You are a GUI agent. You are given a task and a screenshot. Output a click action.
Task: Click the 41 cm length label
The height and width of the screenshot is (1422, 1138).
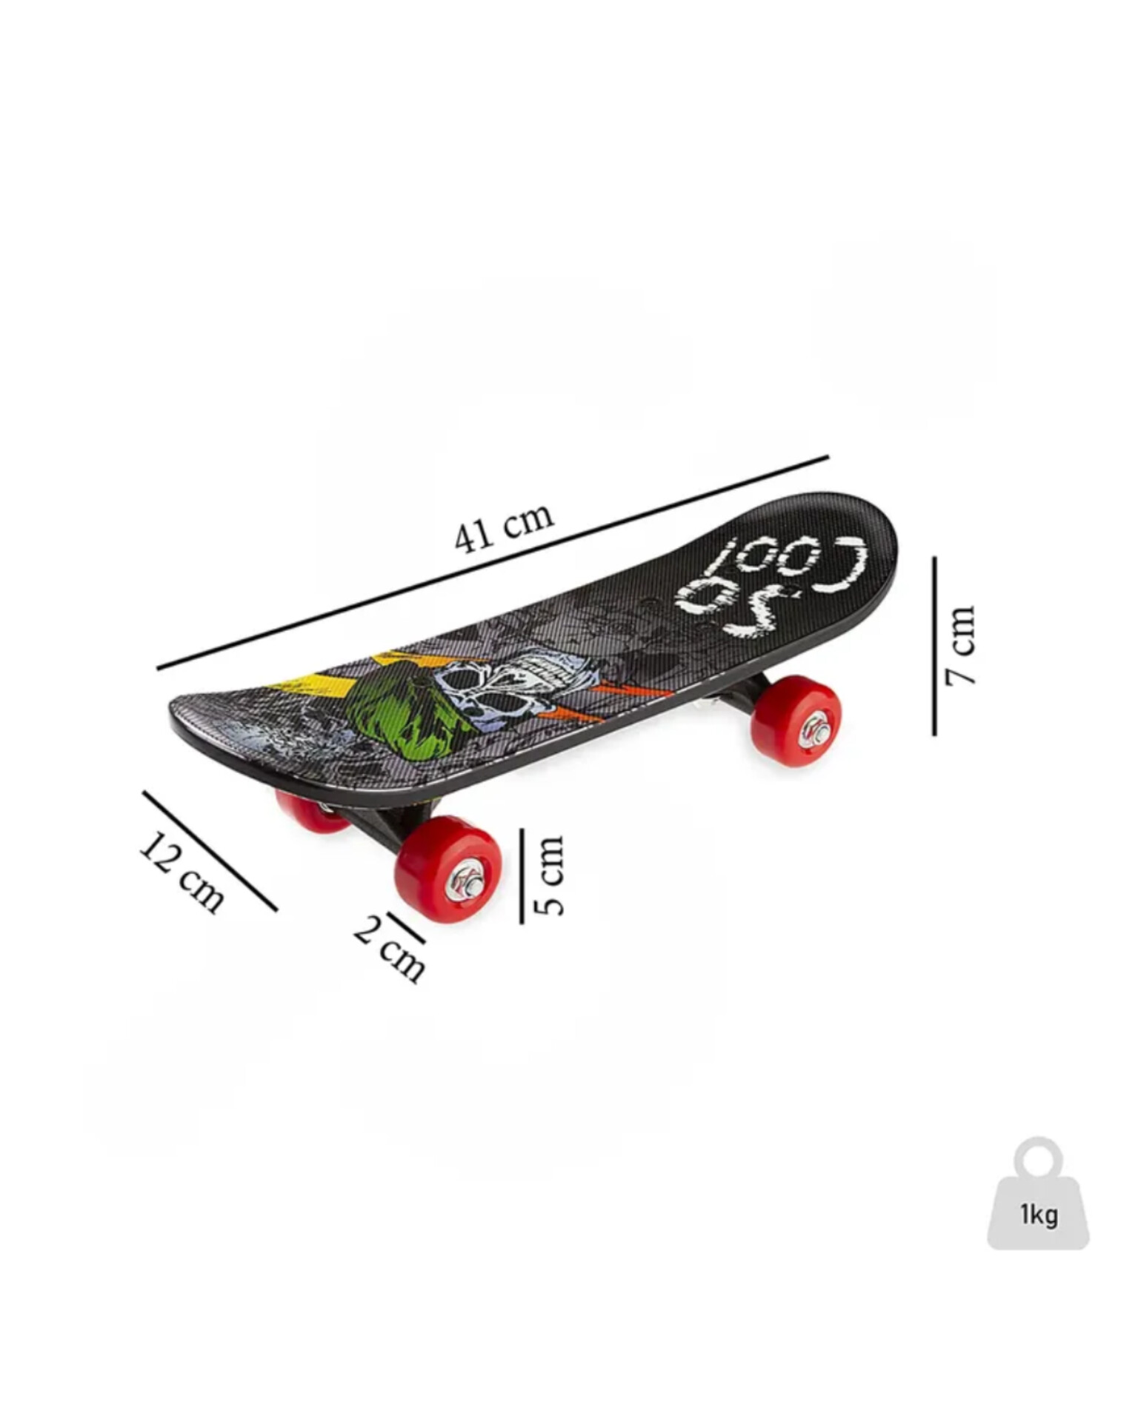click(x=505, y=527)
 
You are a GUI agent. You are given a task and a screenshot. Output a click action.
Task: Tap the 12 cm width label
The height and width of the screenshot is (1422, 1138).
click(x=182, y=872)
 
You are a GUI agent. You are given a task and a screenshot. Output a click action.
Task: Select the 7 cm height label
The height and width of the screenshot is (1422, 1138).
click(x=960, y=645)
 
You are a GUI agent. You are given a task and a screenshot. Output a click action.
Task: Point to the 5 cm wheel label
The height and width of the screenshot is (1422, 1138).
click(x=549, y=875)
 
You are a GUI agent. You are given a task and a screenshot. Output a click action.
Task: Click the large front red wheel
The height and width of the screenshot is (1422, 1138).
click(x=448, y=869)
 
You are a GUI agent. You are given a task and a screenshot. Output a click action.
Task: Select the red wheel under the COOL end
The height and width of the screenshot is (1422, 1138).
click(x=796, y=721)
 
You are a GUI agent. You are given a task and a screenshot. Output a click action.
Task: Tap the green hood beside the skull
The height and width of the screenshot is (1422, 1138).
click(x=404, y=707)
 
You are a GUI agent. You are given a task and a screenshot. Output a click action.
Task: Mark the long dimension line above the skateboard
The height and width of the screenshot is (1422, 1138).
click(x=493, y=562)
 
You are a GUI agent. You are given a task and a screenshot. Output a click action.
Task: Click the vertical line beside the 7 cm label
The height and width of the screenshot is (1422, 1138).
click(x=934, y=646)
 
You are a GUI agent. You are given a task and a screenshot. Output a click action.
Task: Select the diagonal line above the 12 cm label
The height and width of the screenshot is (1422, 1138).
click(x=210, y=851)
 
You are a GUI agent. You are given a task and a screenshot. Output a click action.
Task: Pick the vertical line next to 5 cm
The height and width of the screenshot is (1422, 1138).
click(x=522, y=875)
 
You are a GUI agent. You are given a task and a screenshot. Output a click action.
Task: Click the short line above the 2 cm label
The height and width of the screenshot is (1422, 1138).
click(x=406, y=928)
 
